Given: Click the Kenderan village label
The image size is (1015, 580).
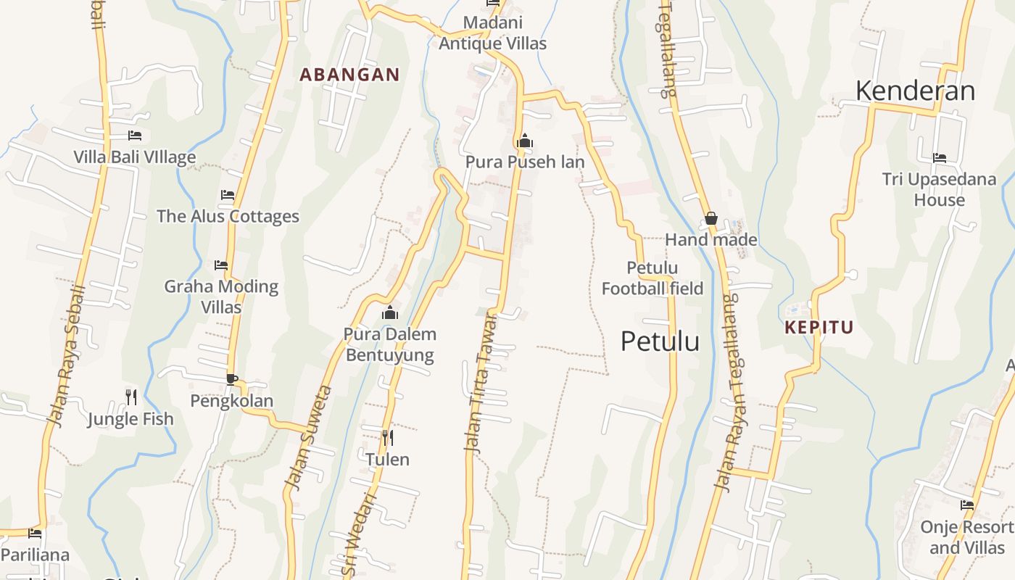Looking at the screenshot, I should click(x=915, y=91).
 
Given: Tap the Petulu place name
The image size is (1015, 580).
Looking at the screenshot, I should click(x=660, y=341).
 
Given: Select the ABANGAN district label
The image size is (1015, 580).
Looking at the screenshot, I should click(x=349, y=75).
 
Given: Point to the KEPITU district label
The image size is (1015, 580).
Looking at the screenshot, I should click(x=819, y=328).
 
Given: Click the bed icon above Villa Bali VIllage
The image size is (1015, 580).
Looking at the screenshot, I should click(x=134, y=136).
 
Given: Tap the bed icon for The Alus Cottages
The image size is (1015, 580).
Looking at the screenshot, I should click(x=228, y=195).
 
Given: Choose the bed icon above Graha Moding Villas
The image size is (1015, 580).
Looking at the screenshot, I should click(x=221, y=265).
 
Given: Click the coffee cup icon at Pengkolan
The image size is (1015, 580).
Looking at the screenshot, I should click(x=231, y=379).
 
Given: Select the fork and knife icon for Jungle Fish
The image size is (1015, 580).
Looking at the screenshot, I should click(x=130, y=397).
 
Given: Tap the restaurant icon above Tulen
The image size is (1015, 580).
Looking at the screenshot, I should click(x=388, y=437).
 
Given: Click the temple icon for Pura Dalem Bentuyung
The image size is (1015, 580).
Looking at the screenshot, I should click(x=390, y=312).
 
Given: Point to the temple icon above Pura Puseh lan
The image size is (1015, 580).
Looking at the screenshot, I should click(x=524, y=141).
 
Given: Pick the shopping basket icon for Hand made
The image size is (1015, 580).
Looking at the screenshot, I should click(x=710, y=218).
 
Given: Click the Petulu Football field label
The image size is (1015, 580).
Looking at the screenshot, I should click(x=652, y=278).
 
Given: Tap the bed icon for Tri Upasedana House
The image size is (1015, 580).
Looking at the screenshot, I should click(x=939, y=158).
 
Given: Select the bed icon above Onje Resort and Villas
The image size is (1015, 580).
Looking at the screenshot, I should click(x=966, y=505).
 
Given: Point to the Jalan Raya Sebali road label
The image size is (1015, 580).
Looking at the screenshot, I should click(x=66, y=355).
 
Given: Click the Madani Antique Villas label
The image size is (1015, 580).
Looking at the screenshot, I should click(x=492, y=33).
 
